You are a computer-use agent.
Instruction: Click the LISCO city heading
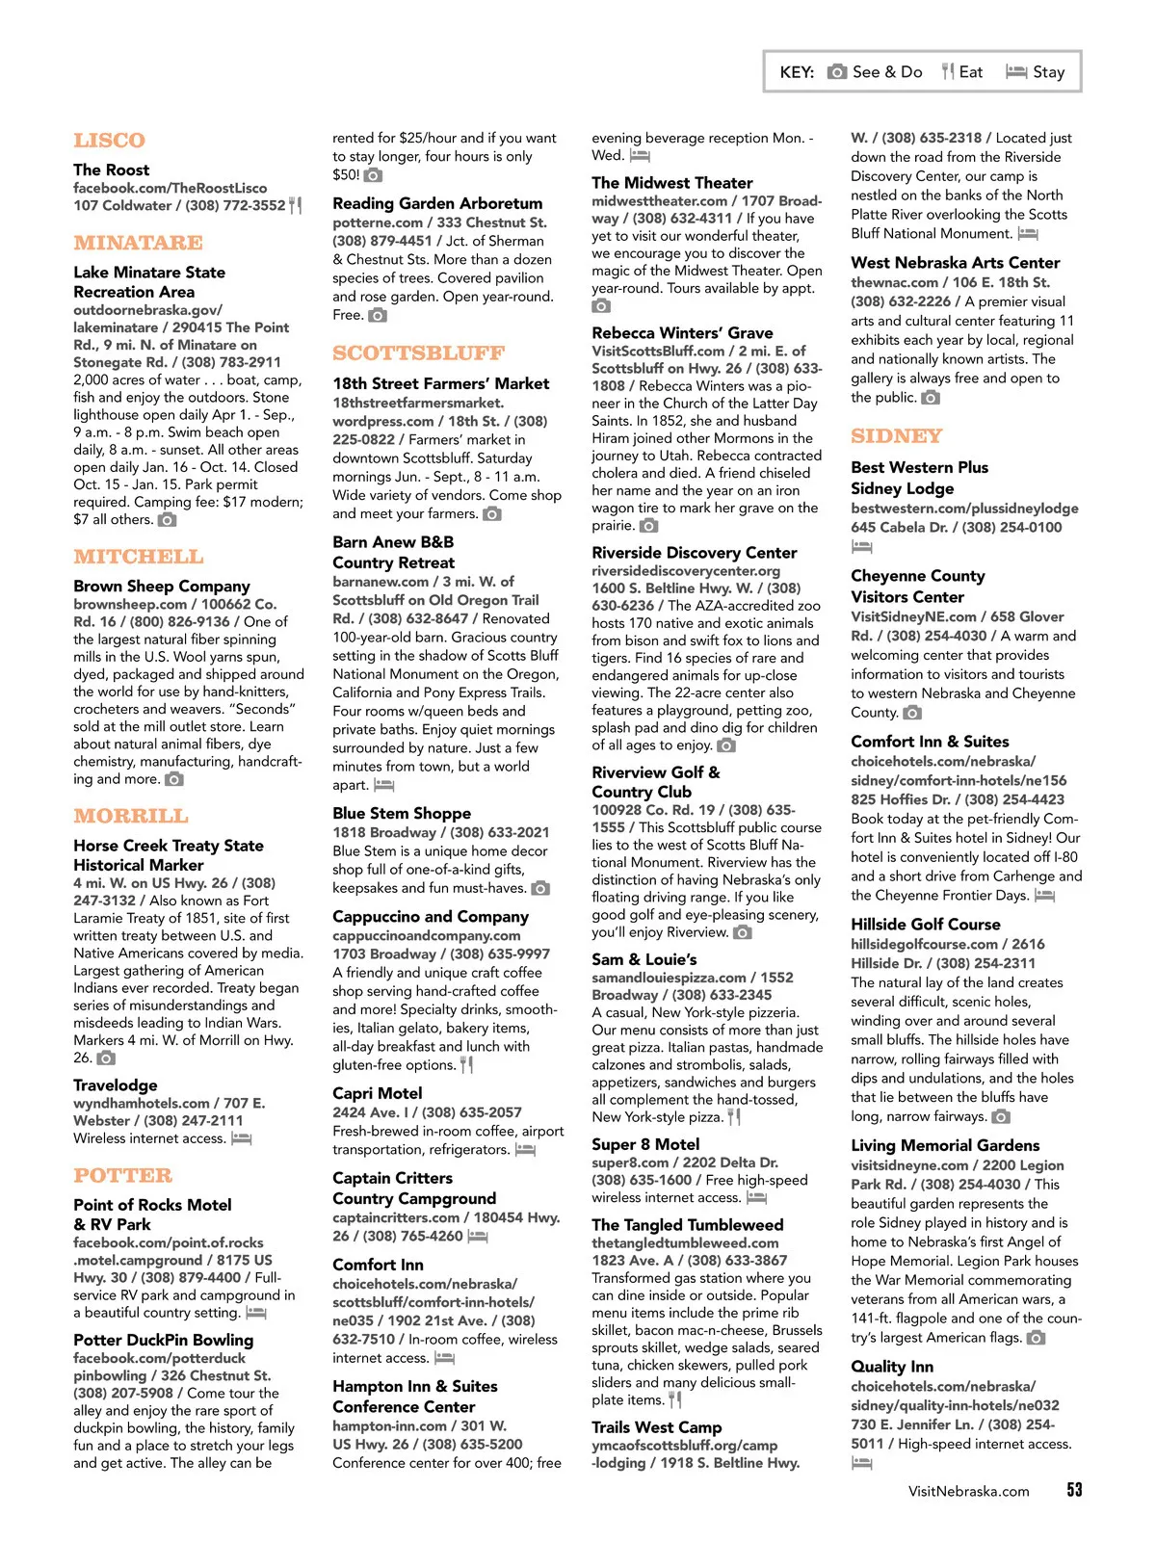click(x=109, y=141)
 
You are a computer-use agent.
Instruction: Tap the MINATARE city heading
click(x=138, y=243)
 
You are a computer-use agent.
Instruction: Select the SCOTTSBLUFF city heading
click(x=418, y=353)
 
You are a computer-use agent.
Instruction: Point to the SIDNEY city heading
click(x=896, y=436)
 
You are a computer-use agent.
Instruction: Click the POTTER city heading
click(x=122, y=1176)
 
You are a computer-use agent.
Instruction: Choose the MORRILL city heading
click(x=130, y=817)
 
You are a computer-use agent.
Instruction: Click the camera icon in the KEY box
click(x=837, y=72)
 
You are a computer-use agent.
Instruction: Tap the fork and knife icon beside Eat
click(x=948, y=71)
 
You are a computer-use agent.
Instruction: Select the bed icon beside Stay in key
click(x=1015, y=72)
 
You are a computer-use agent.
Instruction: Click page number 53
click(x=1074, y=1490)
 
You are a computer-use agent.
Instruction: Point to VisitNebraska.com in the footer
click(x=968, y=1491)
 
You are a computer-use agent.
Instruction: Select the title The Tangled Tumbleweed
click(x=687, y=1225)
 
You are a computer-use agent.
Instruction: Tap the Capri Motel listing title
click(x=377, y=1093)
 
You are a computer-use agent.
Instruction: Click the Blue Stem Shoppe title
click(x=402, y=814)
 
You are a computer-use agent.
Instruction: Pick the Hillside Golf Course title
click(x=925, y=925)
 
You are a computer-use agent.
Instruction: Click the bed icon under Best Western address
click(x=861, y=547)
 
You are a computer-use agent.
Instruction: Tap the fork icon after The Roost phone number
click(x=296, y=205)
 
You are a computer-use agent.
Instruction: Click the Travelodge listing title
click(x=115, y=1085)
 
